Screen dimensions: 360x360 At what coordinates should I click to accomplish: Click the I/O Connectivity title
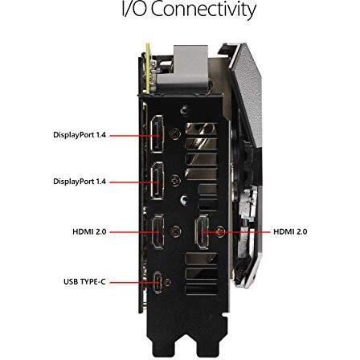[189, 9]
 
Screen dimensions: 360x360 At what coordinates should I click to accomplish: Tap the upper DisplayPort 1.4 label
[80, 135]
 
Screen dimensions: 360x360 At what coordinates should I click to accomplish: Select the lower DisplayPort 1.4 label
[80, 182]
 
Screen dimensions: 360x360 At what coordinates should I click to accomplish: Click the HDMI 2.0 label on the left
[89, 231]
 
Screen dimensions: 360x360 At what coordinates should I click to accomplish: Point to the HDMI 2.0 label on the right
[290, 231]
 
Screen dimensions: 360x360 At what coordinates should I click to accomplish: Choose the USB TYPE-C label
[84, 282]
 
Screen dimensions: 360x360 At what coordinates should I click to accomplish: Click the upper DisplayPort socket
[157, 134]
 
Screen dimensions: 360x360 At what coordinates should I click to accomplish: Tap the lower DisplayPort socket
[157, 181]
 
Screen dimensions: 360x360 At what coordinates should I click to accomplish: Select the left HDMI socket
[157, 231]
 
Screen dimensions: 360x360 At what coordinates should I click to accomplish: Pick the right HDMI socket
[202, 231]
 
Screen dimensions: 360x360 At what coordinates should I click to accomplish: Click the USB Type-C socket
[157, 282]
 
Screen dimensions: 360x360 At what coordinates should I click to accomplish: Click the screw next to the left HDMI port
[176, 231]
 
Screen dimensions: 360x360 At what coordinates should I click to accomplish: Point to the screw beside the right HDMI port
[221, 231]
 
